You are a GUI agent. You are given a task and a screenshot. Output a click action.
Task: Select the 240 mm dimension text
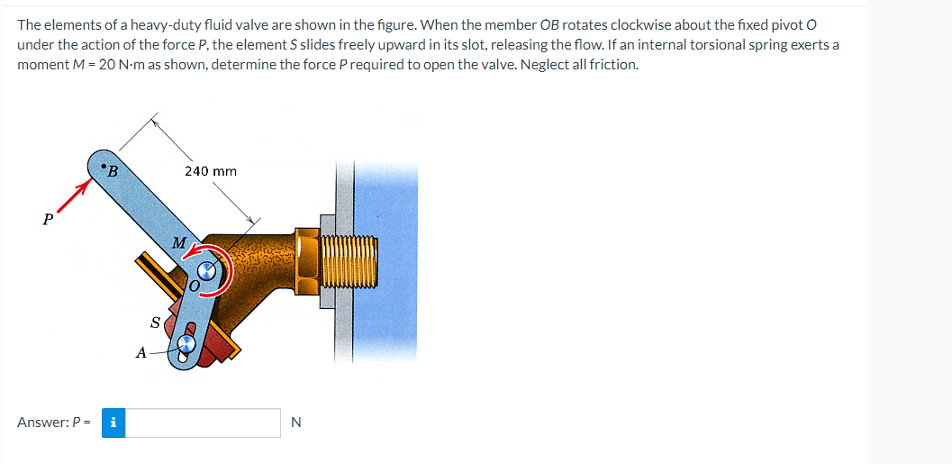tap(210, 170)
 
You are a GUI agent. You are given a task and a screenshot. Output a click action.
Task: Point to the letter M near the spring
tap(178, 242)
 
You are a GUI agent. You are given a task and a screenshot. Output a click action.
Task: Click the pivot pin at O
tap(208, 271)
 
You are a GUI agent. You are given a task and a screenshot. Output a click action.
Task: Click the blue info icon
tap(113, 423)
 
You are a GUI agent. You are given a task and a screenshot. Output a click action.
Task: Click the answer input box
tap(203, 423)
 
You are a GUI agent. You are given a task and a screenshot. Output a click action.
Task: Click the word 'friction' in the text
tap(614, 64)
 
